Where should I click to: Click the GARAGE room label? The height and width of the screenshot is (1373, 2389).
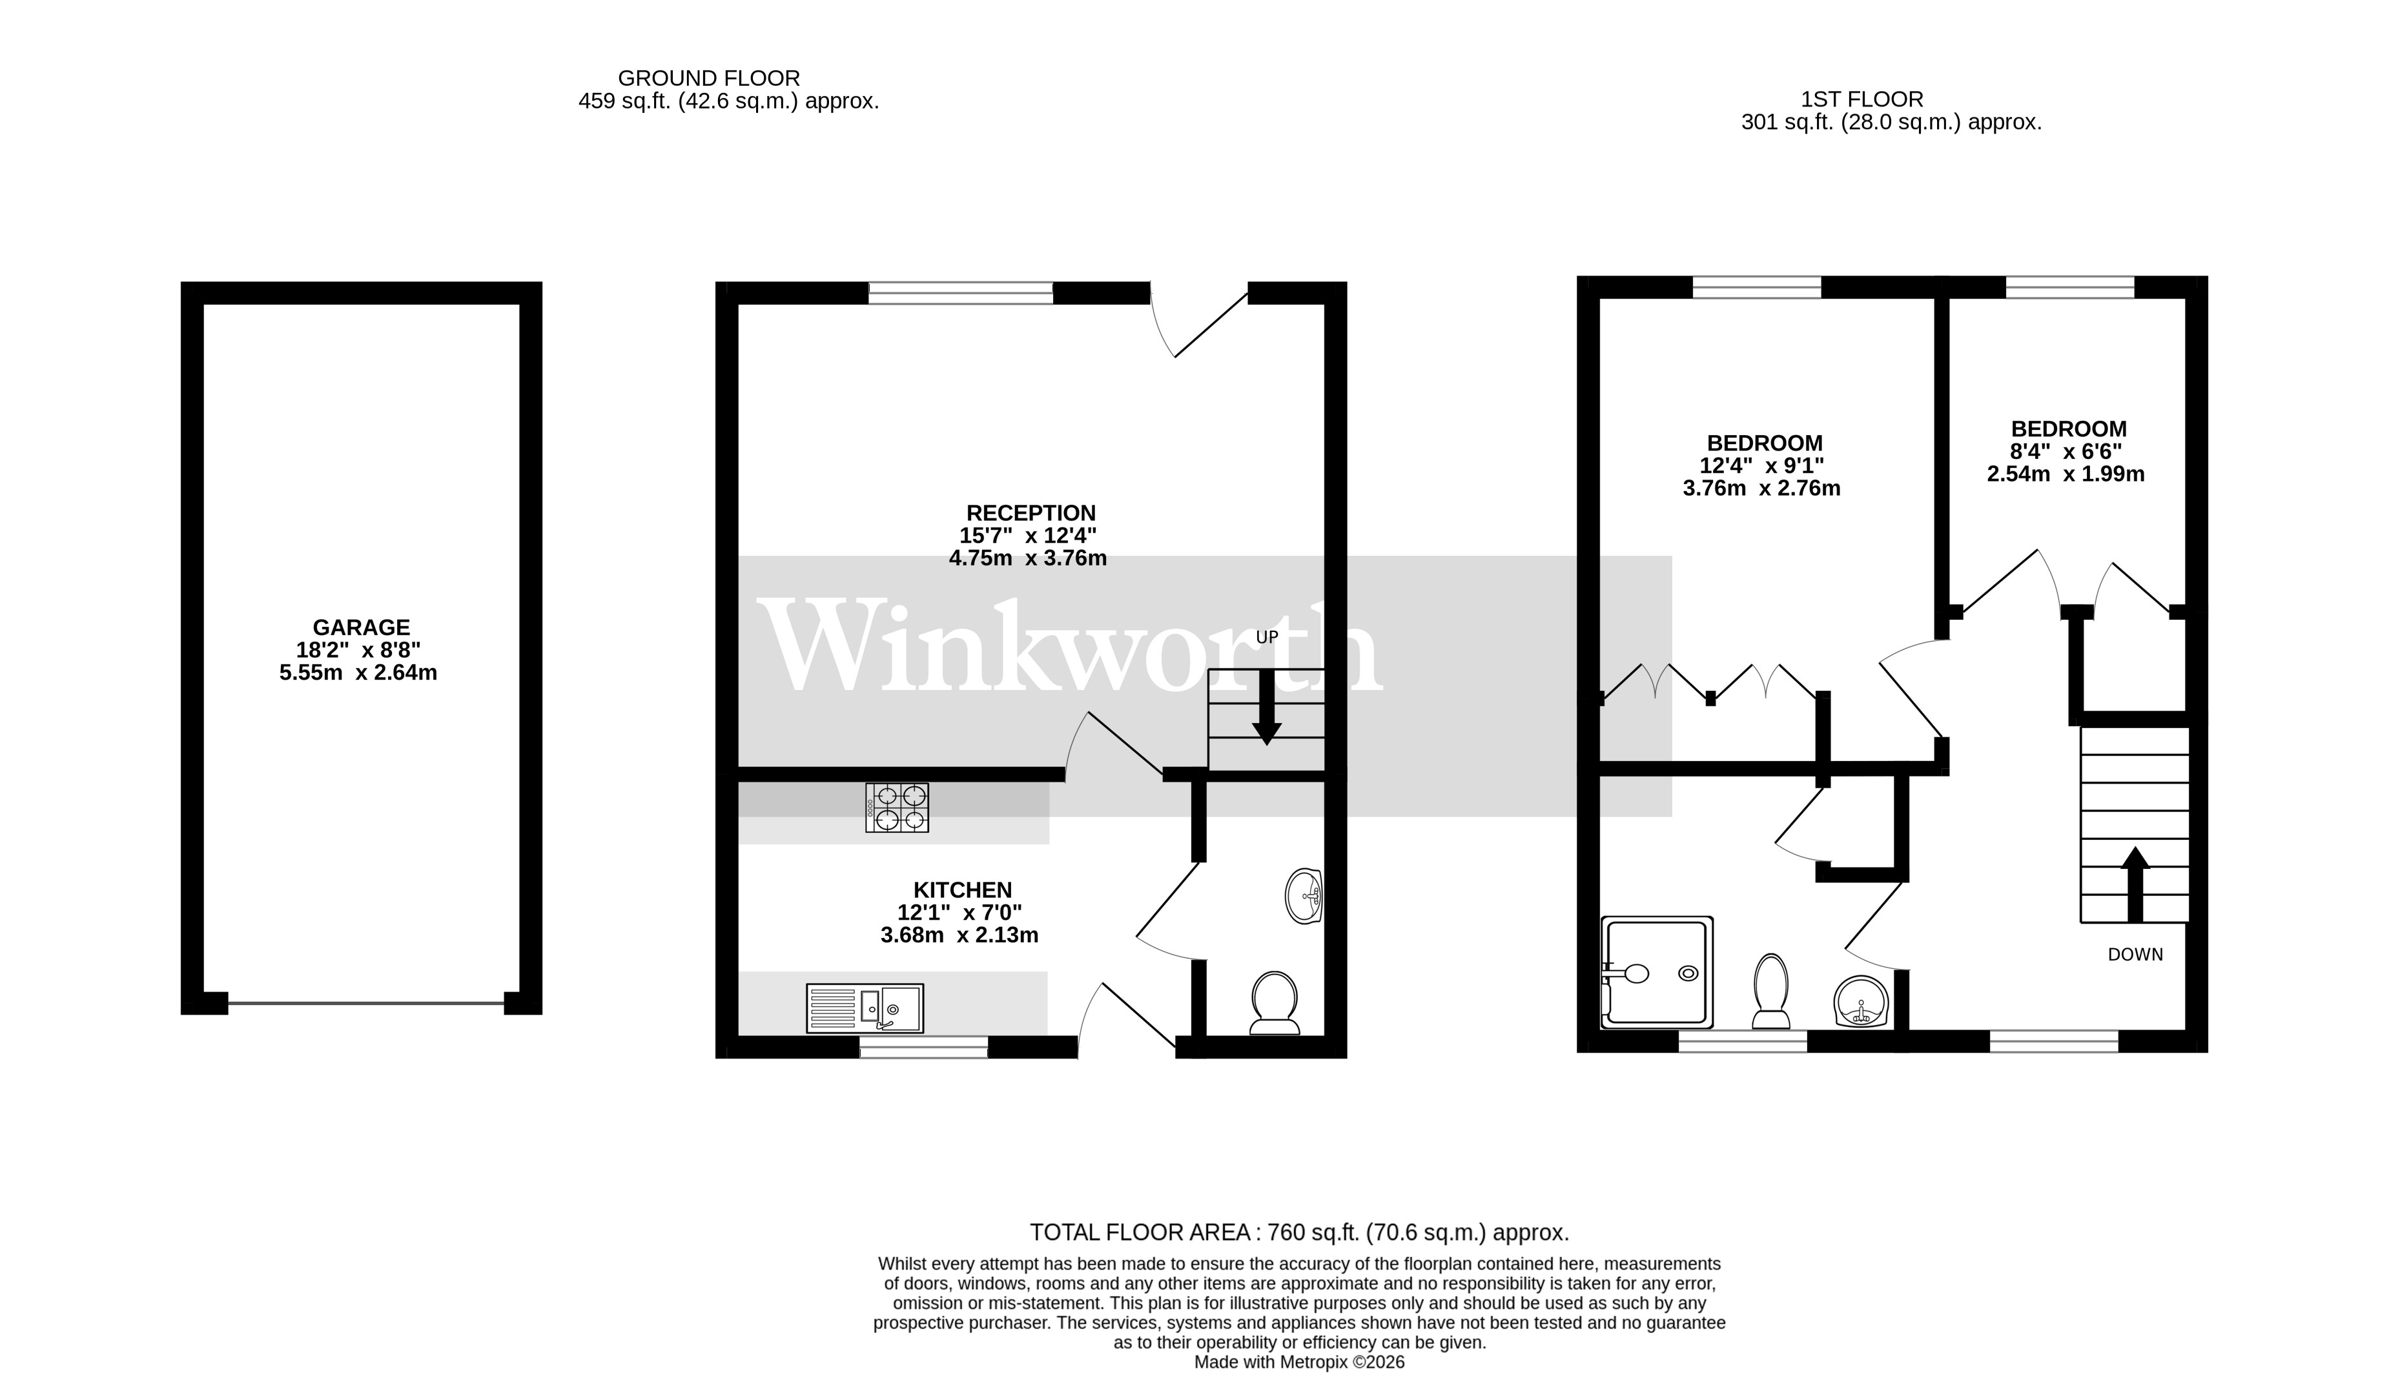click(361, 627)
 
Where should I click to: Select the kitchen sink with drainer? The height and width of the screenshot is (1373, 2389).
click(865, 1008)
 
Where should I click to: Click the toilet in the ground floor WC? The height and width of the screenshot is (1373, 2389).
click(1274, 1002)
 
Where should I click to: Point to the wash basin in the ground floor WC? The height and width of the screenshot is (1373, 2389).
click(1304, 896)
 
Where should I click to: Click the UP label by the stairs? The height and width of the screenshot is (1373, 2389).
click(1267, 638)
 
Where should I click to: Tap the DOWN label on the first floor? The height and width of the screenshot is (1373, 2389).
click(2135, 954)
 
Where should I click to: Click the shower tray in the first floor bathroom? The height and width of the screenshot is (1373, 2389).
click(1657, 972)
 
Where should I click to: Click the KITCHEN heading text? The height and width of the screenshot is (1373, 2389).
click(962, 890)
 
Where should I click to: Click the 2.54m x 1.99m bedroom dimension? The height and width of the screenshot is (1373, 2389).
click(2066, 474)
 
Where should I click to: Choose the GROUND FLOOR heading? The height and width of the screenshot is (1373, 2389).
click(708, 78)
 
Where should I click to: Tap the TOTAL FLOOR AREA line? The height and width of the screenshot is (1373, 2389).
click(1298, 1232)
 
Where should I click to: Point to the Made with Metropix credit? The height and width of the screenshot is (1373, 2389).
click(1298, 1361)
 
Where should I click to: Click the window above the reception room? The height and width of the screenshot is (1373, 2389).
click(960, 292)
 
